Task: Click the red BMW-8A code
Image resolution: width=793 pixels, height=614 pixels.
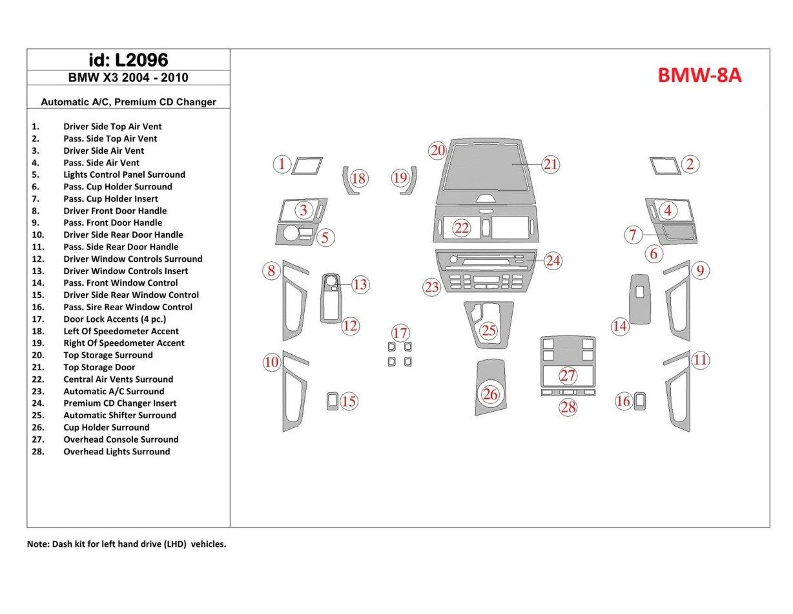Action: (x=699, y=76)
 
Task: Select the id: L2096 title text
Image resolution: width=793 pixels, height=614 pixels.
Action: (x=128, y=60)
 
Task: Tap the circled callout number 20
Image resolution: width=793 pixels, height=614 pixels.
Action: (x=438, y=151)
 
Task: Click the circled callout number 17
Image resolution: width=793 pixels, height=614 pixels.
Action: (x=400, y=333)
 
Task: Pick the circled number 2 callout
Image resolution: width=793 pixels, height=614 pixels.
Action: (x=690, y=164)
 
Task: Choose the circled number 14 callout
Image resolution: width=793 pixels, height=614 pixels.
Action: (x=620, y=326)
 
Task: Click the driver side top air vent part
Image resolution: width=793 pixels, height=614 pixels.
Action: (x=307, y=166)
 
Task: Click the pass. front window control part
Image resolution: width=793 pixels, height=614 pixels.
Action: (x=641, y=299)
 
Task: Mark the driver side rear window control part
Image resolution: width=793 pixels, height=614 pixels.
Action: (x=333, y=401)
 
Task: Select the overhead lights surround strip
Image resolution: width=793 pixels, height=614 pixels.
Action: (x=568, y=392)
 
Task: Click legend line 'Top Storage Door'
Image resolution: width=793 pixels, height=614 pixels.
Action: (x=99, y=367)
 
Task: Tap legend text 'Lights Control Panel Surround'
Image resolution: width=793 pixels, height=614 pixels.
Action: (x=124, y=175)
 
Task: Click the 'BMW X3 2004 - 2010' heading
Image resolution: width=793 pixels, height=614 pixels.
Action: (x=128, y=78)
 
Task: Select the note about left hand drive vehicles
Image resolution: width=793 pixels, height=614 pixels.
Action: (x=127, y=544)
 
